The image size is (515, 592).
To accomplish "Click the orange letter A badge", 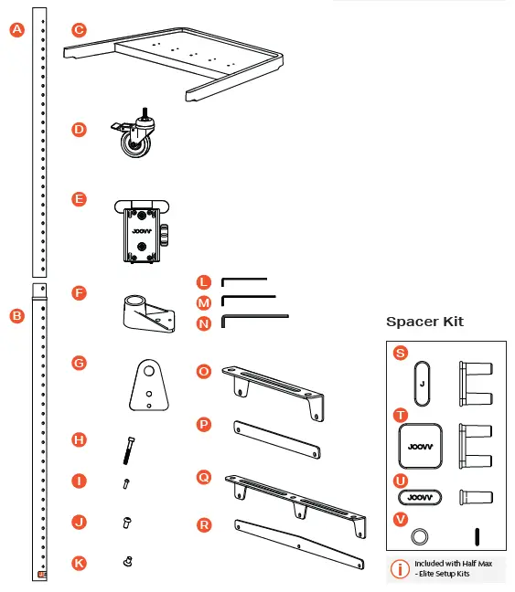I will (x=16, y=29).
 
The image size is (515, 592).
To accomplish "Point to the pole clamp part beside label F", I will (x=145, y=313).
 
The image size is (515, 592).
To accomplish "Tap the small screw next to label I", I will (x=127, y=484).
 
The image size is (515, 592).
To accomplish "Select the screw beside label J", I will (x=127, y=523).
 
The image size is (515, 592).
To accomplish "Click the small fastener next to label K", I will (x=127, y=562).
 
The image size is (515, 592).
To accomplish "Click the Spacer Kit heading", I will (x=424, y=322).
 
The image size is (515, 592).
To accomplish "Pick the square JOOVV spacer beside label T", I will (x=420, y=446).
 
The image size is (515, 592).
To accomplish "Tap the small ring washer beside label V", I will (x=420, y=534).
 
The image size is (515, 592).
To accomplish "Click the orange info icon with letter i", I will (x=400, y=569).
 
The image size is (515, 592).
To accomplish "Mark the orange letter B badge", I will (x=16, y=315).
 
